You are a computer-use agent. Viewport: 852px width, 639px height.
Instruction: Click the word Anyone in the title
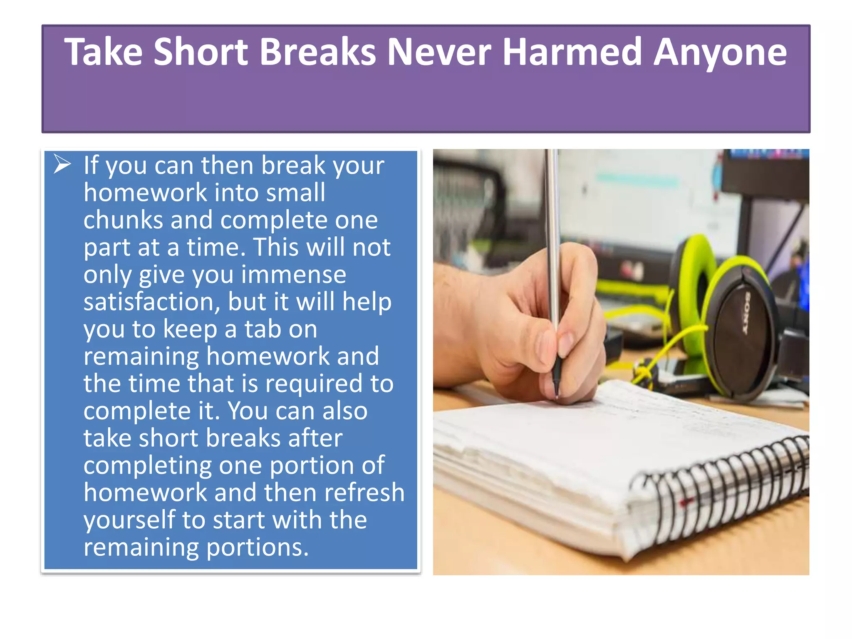point(720,53)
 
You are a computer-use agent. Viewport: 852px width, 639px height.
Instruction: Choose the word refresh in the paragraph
point(364,493)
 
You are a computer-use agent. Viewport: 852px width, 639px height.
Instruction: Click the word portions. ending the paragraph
point(258,547)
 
